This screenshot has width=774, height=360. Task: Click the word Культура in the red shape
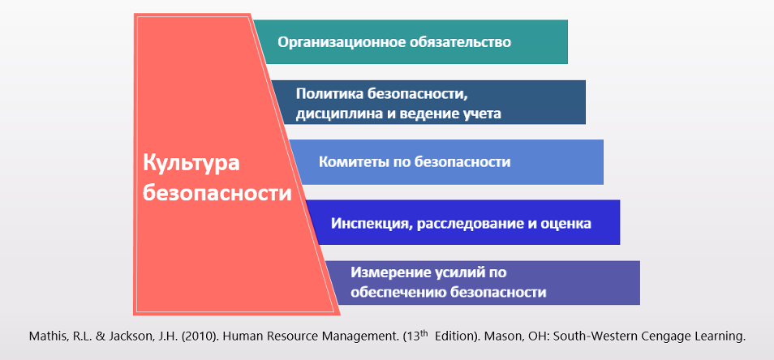click(x=191, y=162)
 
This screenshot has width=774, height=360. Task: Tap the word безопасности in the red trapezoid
click(x=217, y=193)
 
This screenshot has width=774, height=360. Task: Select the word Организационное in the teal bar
click(x=342, y=42)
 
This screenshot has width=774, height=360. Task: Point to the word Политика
click(x=329, y=93)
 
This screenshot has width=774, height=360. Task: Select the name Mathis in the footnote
click(x=45, y=336)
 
